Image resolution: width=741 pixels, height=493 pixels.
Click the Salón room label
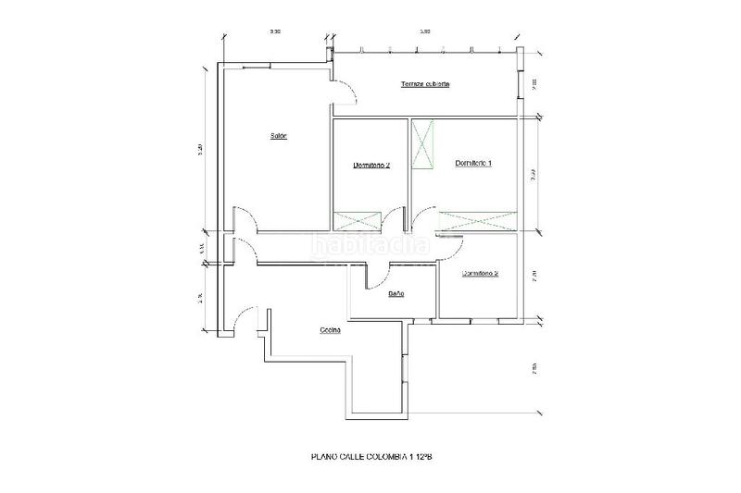[x=278, y=137]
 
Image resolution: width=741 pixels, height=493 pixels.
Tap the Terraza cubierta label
[x=425, y=84]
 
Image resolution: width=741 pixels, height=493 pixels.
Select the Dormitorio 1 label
[x=473, y=163]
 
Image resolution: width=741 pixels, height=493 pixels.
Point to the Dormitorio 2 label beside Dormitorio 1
[x=370, y=166]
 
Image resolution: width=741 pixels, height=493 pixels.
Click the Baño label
[x=395, y=294]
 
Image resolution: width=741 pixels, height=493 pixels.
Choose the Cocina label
[x=331, y=330]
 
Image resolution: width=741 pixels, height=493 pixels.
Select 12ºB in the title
[x=423, y=457]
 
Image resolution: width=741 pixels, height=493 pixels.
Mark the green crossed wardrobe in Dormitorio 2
[x=357, y=220]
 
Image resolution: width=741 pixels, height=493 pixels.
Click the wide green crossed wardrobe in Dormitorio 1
[x=478, y=220]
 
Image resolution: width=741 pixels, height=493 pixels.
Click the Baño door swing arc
[x=378, y=275]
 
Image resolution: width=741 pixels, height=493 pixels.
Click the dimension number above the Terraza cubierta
[x=425, y=32]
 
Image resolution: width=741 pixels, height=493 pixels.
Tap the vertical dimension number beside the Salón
[x=201, y=152]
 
